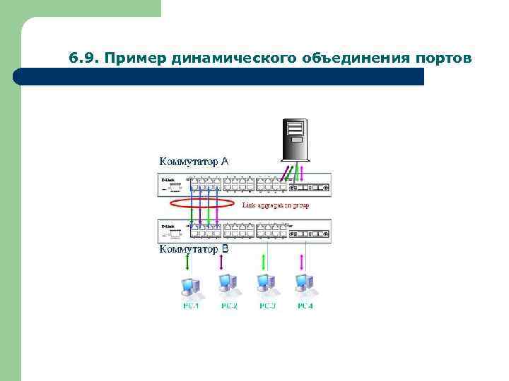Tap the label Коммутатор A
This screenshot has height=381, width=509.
coord(193,161)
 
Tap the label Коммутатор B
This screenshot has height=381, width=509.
coord(193,249)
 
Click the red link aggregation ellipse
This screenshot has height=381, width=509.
coord(202,204)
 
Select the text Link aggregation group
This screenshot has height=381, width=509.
coord(276,205)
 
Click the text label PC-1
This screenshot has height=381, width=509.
coord(191,306)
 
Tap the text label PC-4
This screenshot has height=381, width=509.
coord(305,306)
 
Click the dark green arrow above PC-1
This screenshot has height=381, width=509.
coord(188,262)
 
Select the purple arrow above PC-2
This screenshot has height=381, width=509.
coord(222,262)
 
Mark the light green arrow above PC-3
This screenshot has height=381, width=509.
coord(265,262)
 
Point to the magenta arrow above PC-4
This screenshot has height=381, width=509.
coord(303,262)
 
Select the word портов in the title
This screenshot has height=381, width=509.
coord(438,57)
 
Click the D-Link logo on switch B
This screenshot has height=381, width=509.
coord(168,226)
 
